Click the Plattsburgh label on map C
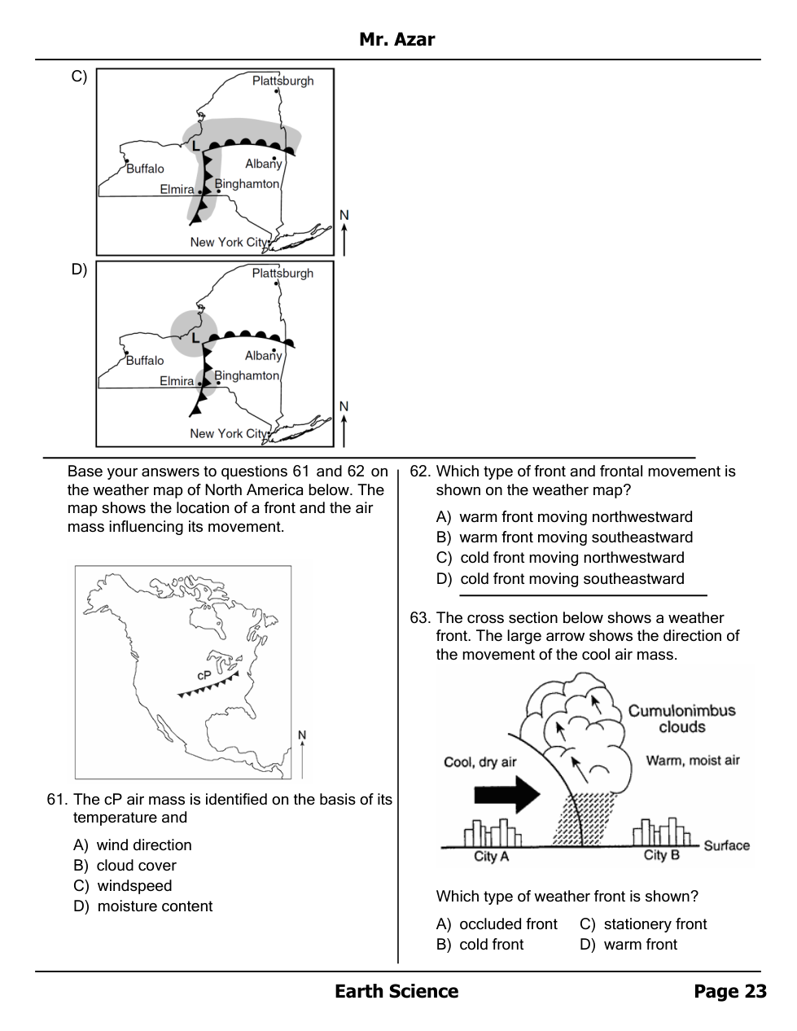[282, 81]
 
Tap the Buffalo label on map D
[145, 360]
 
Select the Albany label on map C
[263, 164]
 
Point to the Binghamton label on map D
[247, 375]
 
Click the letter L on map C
[195, 146]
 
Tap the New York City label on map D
[228, 433]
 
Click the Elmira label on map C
[177, 190]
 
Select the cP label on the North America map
[204, 675]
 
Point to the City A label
[491, 857]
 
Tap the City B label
[661, 855]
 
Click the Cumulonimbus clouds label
[681, 718]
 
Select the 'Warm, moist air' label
[693, 761]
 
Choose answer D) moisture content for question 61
[142, 906]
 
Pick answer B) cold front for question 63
[480, 945]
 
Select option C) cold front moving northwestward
[560, 558]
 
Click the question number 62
[419, 472]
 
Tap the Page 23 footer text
[729, 991]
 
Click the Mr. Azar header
[397, 39]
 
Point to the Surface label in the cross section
[726, 845]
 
